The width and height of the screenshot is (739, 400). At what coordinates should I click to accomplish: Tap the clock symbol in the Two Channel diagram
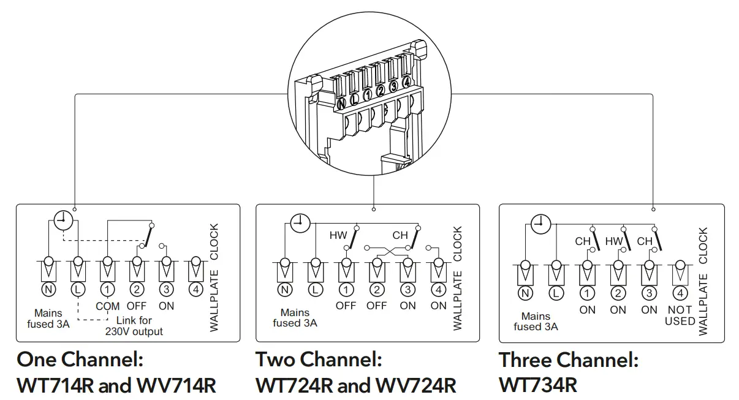(300, 224)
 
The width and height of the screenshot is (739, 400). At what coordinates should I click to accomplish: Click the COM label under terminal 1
(107, 306)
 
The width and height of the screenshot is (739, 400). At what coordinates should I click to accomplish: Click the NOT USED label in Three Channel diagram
(680, 315)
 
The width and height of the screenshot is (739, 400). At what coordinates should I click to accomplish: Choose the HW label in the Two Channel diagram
(338, 235)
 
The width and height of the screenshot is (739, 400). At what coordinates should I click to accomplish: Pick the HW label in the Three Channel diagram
(613, 241)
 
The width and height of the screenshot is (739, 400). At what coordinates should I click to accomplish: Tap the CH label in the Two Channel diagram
(400, 235)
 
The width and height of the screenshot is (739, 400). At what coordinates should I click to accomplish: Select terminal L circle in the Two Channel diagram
(315, 290)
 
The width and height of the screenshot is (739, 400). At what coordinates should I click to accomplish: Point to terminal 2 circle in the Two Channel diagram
(377, 290)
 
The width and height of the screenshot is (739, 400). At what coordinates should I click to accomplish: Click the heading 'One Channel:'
(80, 359)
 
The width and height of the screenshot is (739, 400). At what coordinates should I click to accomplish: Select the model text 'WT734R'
(538, 385)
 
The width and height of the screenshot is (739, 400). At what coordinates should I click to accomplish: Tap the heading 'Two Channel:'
(319, 359)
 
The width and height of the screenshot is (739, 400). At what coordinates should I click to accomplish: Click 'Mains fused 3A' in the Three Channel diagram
(536, 322)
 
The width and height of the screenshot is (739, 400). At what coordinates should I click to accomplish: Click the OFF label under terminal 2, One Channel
(137, 306)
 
